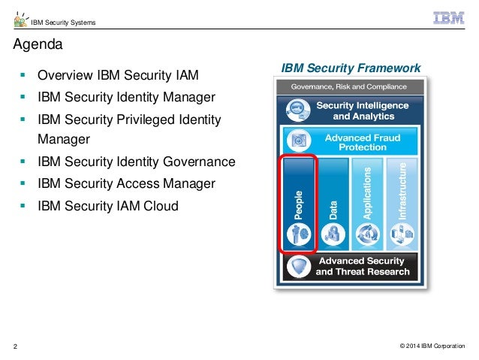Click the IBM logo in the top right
(449, 18)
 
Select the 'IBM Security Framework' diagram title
(351, 68)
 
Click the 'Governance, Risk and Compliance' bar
(351, 86)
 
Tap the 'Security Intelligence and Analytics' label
(362, 110)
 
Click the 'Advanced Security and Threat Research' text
(363, 266)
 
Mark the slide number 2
(15, 346)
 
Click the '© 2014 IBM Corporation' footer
(432, 346)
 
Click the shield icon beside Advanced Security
(298, 266)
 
